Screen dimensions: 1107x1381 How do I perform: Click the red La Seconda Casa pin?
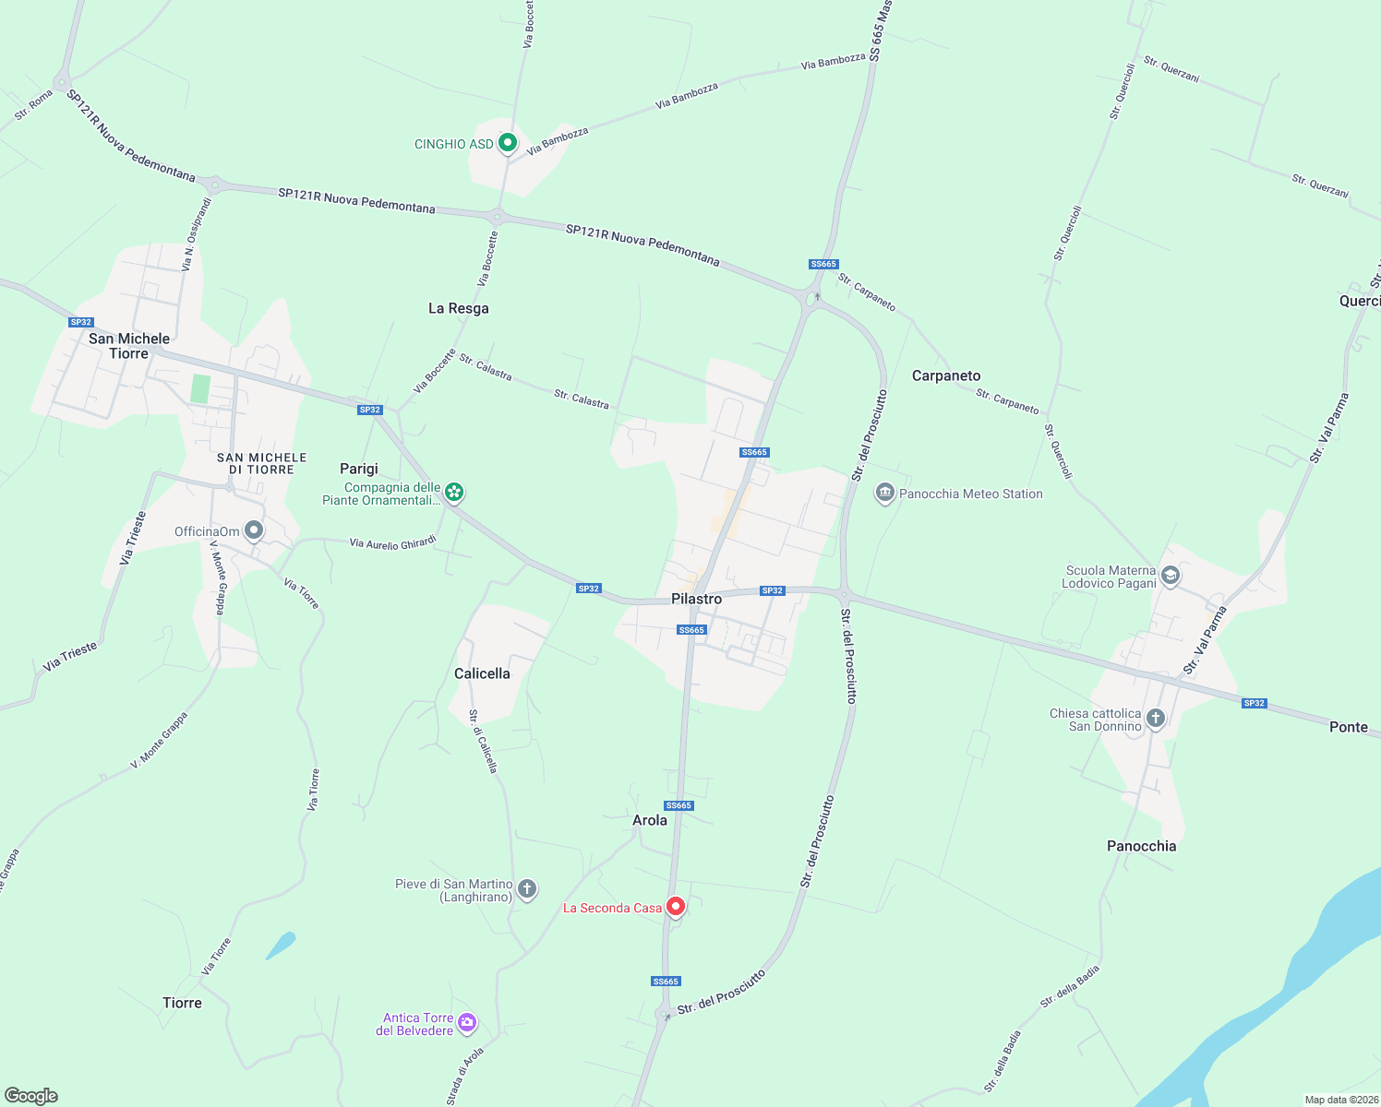tap(676, 907)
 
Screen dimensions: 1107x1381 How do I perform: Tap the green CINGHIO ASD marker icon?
tap(507, 143)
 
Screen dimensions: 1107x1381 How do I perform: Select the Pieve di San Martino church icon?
tap(527, 889)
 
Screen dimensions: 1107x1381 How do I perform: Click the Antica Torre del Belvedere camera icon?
tap(467, 1021)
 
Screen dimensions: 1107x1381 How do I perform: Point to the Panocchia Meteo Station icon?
tap(885, 494)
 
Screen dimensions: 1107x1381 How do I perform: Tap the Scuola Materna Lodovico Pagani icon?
tap(1171, 577)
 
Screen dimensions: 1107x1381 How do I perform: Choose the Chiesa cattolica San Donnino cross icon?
tap(1156, 719)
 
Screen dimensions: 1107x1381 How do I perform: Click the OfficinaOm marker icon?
tap(255, 530)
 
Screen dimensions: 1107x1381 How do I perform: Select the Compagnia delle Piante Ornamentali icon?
tap(454, 492)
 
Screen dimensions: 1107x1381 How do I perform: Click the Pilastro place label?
tap(696, 599)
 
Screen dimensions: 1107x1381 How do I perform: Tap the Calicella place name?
tap(482, 673)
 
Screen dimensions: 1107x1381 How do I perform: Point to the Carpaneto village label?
tap(946, 375)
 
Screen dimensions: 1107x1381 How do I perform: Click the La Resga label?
tap(459, 308)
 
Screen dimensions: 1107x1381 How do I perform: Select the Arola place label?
tap(650, 820)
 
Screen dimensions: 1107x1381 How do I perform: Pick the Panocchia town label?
tap(1142, 846)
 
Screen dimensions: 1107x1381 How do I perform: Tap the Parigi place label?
tap(359, 469)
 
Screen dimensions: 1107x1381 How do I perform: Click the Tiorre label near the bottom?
tap(182, 1003)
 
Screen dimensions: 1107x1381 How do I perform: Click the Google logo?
tap(31, 1096)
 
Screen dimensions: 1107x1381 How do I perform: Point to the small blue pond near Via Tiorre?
tap(281, 945)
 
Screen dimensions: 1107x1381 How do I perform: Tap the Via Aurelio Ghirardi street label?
tap(393, 544)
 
